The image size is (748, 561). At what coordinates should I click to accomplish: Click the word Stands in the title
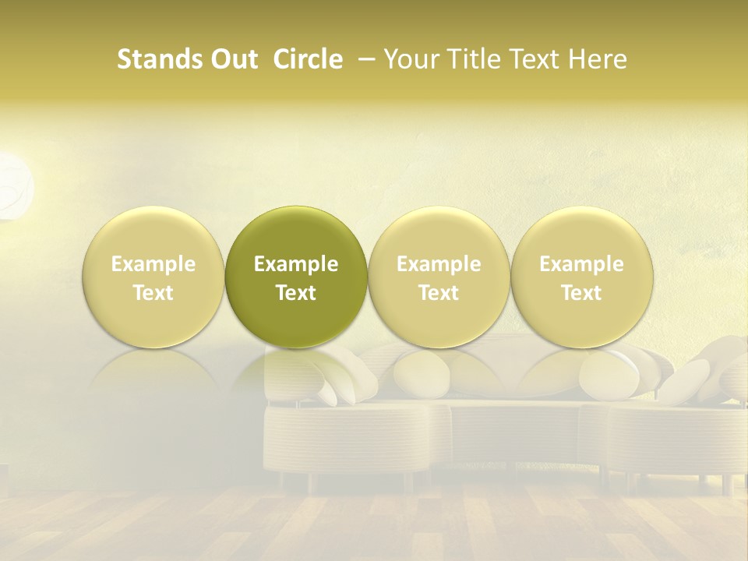(x=155, y=59)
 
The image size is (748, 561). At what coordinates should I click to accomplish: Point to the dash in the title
(x=364, y=60)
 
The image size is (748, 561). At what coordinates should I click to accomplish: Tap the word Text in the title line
(x=538, y=59)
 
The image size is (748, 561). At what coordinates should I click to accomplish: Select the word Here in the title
(x=598, y=59)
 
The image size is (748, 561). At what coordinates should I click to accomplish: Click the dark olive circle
(x=296, y=277)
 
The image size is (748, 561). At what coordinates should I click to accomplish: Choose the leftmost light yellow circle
(x=153, y=277)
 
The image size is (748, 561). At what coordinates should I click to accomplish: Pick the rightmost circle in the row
(x=581, y=277)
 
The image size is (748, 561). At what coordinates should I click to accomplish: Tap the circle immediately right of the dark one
(x=439, y=277)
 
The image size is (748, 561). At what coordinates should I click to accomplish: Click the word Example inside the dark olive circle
(x=296, y=264)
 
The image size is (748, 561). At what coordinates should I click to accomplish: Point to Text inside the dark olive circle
(x=296, y=292)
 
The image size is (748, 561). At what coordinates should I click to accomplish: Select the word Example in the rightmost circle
(x=581, y=264)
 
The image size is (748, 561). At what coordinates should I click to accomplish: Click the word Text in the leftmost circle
(x=153, y=292)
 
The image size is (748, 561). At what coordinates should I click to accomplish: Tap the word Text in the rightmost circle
(x=581, y=292)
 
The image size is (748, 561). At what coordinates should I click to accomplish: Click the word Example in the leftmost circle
(x=153, y=264)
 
